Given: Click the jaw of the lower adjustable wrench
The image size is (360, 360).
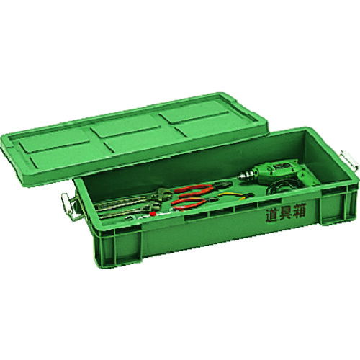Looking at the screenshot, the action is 153,206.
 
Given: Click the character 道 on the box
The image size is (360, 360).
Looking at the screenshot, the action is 271,215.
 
